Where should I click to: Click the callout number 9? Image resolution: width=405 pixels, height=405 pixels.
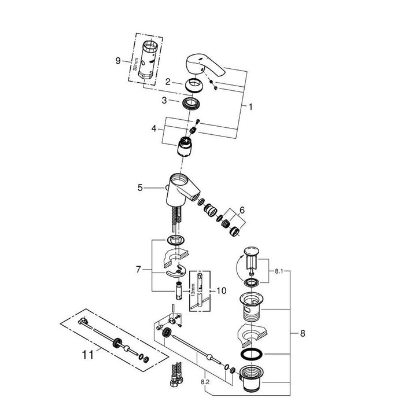(118, 61)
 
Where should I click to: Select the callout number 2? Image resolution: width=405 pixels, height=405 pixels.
(168, 82)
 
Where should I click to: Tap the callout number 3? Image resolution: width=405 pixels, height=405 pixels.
(164, 100)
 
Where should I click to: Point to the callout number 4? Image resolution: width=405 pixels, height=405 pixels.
(154, 128)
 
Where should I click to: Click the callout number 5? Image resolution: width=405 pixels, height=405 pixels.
(140, 188)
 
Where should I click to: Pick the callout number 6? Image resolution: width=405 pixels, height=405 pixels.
(242, 210)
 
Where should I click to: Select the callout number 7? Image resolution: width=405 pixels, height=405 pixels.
(138, 270)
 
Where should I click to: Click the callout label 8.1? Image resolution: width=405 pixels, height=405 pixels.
(279, 271)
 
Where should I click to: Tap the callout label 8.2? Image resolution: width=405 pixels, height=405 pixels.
(205, 382)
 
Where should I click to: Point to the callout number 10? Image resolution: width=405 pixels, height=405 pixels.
(222, 291)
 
